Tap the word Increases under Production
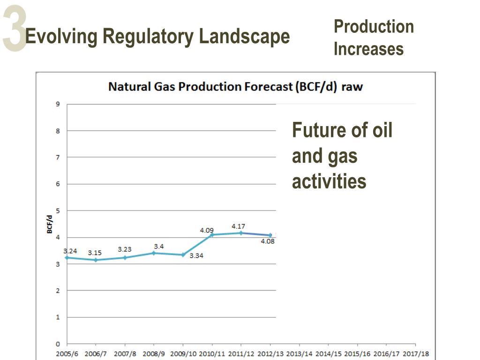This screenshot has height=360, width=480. click(x=368, y=49)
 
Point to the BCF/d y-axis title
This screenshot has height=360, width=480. click(x=49, y=224)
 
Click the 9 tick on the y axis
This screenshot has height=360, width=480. click(x=58, y=104)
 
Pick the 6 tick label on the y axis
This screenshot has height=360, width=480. click(x=58, y=184)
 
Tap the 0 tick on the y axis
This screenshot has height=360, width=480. click(x=58, y=344)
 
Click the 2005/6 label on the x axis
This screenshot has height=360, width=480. click(x=67, y=354)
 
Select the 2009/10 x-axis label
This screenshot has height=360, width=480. click(x=183, y=354)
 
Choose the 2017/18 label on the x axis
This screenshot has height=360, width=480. click(x=415, y=354)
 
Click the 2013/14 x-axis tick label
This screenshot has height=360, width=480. click(x=299, y=354)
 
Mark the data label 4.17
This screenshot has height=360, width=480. click(x=239, y=226)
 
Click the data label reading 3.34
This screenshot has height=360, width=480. click(x=196, y=256)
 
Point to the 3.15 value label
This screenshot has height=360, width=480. click(x=94, y=253)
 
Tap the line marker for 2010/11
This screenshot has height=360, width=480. click(x=211, y=234)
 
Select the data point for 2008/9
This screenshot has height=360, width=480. click(x=154, y=253)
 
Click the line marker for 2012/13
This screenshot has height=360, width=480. click(x=270, y=235)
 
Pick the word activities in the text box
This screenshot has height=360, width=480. click(x=329, y=181)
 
